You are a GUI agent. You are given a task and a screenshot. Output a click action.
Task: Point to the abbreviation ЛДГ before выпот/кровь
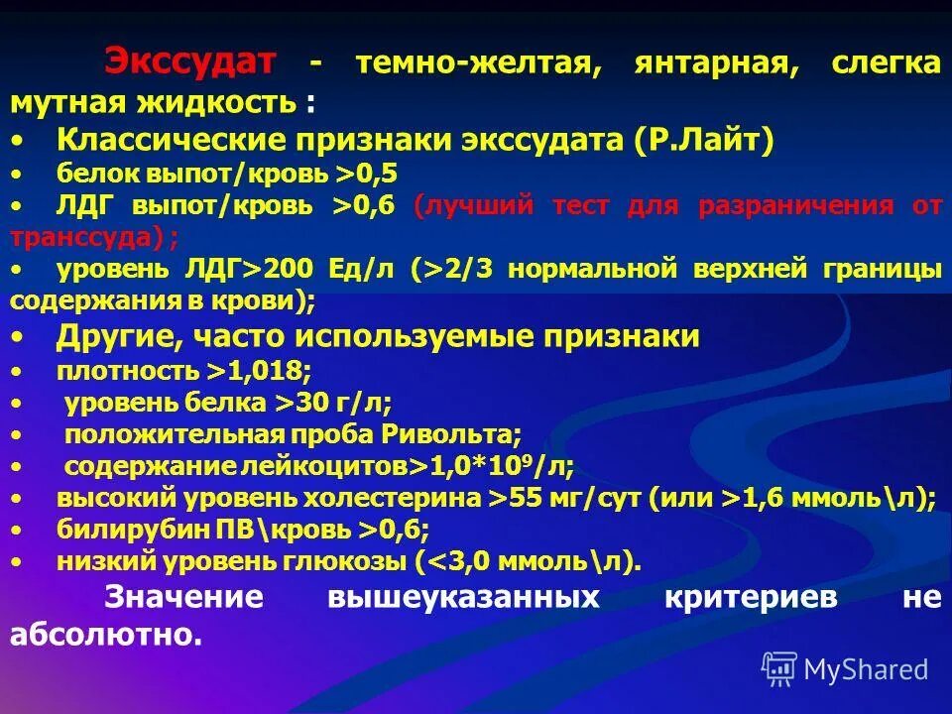coord(85,205)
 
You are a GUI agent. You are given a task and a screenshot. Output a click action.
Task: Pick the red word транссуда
coord(79,237)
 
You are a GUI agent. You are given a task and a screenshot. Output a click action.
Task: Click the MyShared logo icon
coord(778,667)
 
